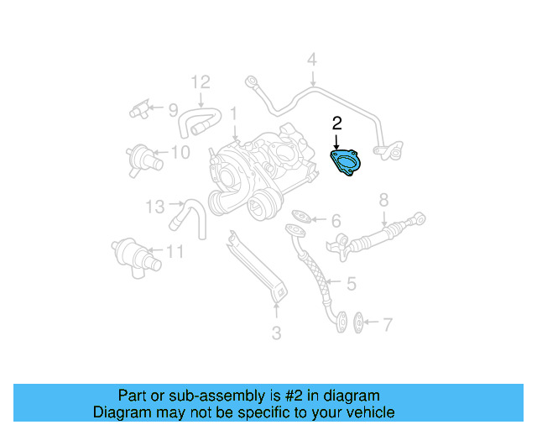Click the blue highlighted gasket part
click(345, 162)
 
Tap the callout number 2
click(336, 123)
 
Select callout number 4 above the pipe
click(311, 60)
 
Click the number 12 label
click(199, 82)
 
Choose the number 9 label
click(173, 109)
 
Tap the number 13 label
click(156, 206)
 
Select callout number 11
click(175, 251)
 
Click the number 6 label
click(336, 222)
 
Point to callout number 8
click(383, 200)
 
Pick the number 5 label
click(350, 284)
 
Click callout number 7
click(387, 323)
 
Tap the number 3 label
click(276, 333)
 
